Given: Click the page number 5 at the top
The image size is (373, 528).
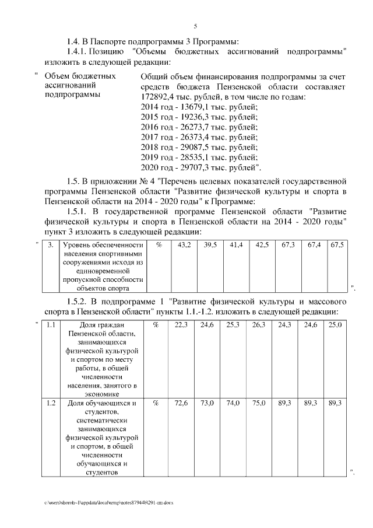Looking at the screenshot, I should coord(196,26).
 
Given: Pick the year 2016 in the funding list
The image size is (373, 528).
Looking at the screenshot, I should coord(151,128).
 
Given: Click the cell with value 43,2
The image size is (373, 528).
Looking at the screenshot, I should coord(183,246).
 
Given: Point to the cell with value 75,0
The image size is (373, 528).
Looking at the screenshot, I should coord(259,403).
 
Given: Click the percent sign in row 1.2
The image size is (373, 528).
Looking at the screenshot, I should coord(156,403).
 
